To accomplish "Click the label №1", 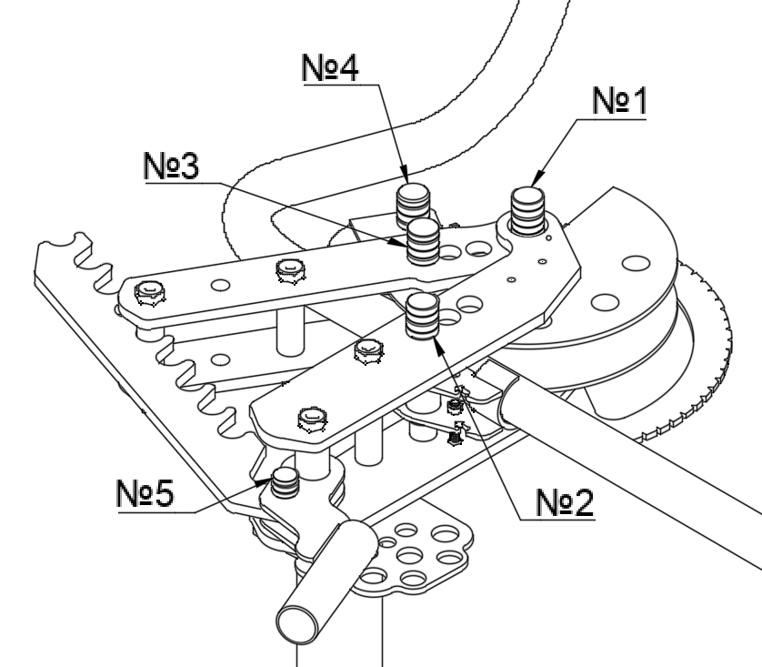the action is (x=619, y=101).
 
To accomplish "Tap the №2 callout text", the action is (x=565, y=502).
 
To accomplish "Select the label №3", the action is (x=172, y=166).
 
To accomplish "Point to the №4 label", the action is (x=330, y=67).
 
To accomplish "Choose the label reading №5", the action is (x=145, y=492).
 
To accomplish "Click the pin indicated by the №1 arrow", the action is (x=527, y=211).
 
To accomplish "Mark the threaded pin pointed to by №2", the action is (x=422, y=316).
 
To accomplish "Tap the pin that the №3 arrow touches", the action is (x=423, y=241).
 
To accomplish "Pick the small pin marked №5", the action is (x=285, y=482).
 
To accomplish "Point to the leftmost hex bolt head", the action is (x=150, y=293).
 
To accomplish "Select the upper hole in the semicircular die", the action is (x=636, y=263).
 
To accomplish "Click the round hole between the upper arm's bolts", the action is (x=221, y=285).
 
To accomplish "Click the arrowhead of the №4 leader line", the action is (x=404, y=174).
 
